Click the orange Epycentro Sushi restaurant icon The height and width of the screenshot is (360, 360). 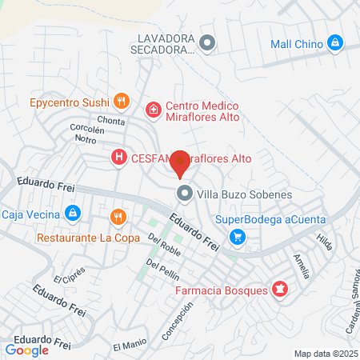pyautogui.click(x=121, y=101)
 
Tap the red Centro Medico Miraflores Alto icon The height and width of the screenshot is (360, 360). pyautogui.click(x=152, y=108)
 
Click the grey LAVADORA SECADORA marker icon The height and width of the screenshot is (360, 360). pyautogui.click(x=207, y=43)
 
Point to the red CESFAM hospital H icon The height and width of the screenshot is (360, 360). pyautogui.click(x=119, y=158)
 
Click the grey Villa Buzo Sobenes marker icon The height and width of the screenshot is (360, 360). pyautogui.click(x=185, y=194)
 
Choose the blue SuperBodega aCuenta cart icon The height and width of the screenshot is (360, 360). pyautogui.click(x=237, y=237)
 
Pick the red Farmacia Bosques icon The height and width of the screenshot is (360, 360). pyautogui.click(x=280, y=289)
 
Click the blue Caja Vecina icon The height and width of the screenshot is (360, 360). pyautogui.click(x=73, y=213)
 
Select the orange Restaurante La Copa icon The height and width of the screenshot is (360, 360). pyautogui.click(x=118, y=217)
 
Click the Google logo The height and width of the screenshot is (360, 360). pyautogui.click(x=27, y=350)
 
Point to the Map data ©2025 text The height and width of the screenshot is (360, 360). pyautogui.click(x=326, y=354)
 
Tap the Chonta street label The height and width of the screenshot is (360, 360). pyautogui.click(x=111, y=121)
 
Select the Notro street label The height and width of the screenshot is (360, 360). pyautogui.click(x=86, y=139)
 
